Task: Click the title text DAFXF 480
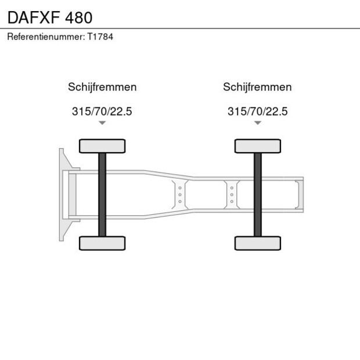point(49,17)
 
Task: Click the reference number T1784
point(100,37)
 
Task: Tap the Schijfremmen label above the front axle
point(102,87)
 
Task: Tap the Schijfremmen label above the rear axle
point(257,87)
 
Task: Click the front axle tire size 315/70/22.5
point(102,111)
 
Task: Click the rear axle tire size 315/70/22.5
point(257,111)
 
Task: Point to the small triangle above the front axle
point(102,123)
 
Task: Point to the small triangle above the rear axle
point(257,123)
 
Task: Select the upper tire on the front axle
point(102,146)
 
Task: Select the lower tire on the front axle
point(102,243)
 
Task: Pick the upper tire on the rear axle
point(257,146)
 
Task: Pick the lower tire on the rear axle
point(257,243)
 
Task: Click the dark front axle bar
point(102,195)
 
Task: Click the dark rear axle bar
point(257,195)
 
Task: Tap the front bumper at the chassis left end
point(62,195)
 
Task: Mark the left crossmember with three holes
point(180,195)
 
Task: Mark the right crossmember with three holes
point(232,195)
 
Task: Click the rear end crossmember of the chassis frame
point(299,195)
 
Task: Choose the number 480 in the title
point(78,17)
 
